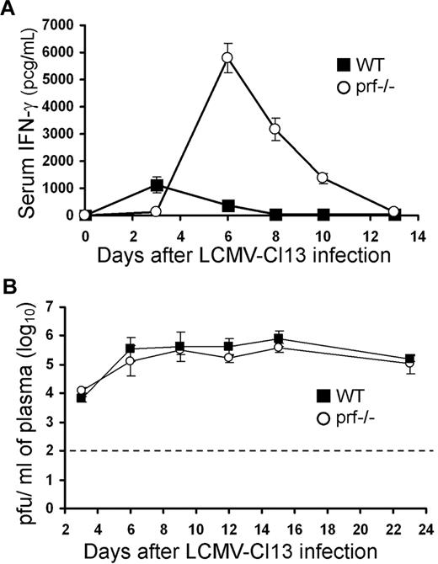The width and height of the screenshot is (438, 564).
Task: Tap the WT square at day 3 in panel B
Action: tap(104, 397)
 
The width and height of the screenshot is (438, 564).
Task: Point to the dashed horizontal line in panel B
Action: tap(253, 452)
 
